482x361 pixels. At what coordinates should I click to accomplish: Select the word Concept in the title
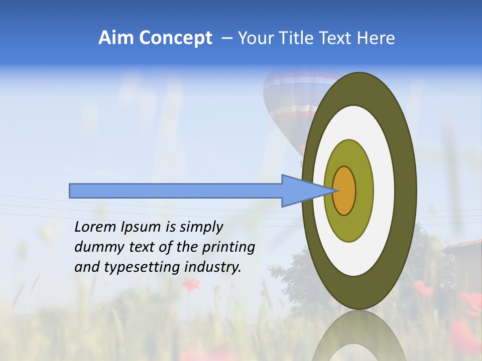coord(175,38)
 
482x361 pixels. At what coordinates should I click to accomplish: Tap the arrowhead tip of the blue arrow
coord(333,191)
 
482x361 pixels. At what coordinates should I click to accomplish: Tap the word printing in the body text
coord(228,248)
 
